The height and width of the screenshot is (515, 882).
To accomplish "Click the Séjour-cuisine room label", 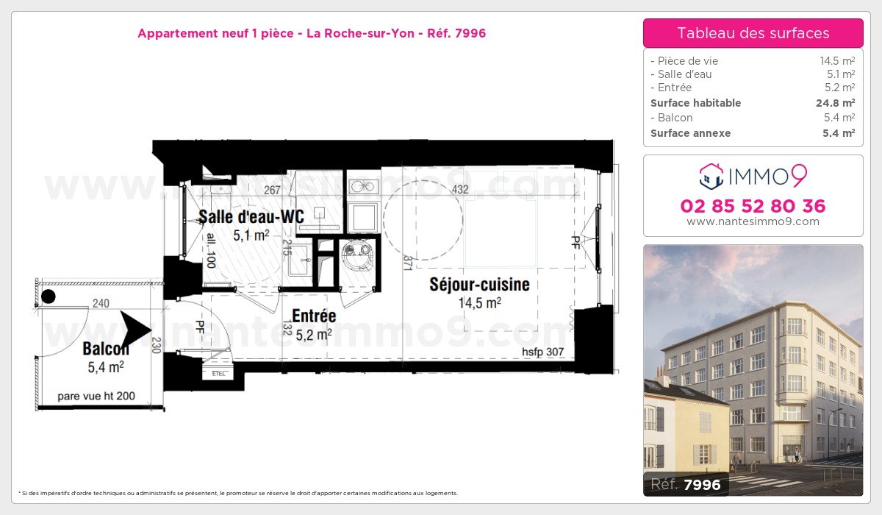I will tap(479, 285).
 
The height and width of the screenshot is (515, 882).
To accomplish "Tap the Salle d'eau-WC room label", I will tap(241, 218).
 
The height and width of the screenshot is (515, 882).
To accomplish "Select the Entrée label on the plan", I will tap(314, 316).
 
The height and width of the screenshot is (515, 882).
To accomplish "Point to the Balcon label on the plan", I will tap(106, 349).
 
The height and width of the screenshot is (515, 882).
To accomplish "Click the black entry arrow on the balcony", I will tap(135, 330).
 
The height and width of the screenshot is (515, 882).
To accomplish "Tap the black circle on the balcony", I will tap(48, 296).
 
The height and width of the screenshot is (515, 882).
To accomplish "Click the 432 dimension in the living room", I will tap(460, 190).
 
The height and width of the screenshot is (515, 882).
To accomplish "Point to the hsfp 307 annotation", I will tap(542, 352).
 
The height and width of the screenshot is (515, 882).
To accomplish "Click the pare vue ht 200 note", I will tap(96, 396).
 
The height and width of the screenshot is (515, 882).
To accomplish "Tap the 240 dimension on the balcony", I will tap(101, 302).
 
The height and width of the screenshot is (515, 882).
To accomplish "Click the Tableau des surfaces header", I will tap(753, 33).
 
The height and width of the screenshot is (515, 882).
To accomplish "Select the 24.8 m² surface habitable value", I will tap(835, 103).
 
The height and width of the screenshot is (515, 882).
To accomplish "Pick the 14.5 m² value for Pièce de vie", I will tap(836, 61).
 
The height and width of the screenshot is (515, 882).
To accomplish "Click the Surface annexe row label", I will tap(690, 133).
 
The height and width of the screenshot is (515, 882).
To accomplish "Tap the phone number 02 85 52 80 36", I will tap(753, 206).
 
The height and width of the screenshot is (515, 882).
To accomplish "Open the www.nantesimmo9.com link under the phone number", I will tap(753, 221).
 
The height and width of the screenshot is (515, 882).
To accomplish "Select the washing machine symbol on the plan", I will tap(357, 252).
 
